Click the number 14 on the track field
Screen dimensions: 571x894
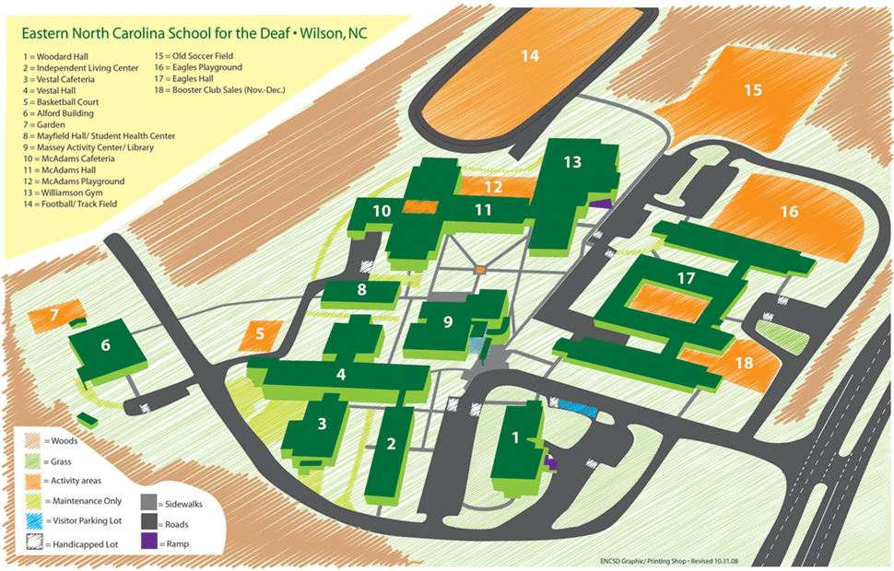click(529, 56)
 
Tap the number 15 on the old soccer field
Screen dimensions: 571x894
click(753, 90)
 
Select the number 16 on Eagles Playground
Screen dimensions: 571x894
click(789, 212)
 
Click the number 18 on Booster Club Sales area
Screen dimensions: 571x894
click(744, 363)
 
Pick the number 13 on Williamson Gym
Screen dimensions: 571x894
click(572, 162)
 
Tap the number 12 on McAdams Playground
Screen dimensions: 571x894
click(494, 187)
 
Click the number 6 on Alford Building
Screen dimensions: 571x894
click(106, 345)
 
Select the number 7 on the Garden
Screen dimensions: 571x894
click(54, 315)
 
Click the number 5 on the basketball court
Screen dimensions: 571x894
click(261, 334)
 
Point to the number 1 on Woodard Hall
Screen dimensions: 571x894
click(516, 438)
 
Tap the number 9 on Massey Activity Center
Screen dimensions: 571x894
click(449, 322)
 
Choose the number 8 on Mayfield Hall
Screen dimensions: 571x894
click(361, 290)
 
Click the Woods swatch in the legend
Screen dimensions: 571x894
click(32, 441)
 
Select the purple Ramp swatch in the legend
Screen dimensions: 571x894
click(149, 543)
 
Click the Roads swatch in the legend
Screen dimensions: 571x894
click(149, 524)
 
